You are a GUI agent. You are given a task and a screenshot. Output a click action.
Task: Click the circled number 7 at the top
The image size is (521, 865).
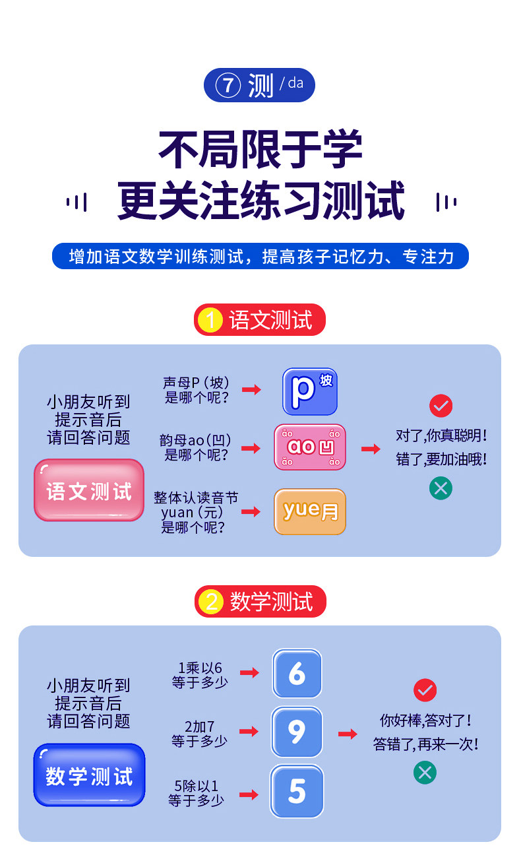[x=228, y=86]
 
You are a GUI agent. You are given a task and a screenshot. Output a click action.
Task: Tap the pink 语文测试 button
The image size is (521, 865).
[x=89, y=490]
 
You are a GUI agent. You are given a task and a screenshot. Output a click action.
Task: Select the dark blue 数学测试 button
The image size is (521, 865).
[x=89, y=775]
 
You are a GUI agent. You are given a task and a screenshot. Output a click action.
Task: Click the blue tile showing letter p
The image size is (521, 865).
[x=309, y=391]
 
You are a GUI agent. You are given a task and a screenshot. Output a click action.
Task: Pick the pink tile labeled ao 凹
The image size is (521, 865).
[x=310, y=447]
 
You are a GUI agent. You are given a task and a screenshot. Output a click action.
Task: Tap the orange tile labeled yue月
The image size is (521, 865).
[x=310, y=511]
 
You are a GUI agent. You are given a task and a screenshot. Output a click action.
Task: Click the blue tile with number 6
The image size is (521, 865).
[x=297, y=674]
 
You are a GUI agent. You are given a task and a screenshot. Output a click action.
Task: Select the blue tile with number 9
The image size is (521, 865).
[x=297, y=732]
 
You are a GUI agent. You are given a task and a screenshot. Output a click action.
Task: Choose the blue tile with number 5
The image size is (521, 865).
[x=297, y=791]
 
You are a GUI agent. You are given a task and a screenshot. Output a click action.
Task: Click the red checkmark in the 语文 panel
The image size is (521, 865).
[x=441, y=405]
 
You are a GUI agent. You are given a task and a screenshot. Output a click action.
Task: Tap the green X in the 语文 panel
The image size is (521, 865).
[x=441, y=488]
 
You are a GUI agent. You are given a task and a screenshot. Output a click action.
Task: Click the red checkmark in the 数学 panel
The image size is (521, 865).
[x=425, y=690]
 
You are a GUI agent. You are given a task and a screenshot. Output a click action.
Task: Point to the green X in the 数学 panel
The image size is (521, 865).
[x=425, y=773]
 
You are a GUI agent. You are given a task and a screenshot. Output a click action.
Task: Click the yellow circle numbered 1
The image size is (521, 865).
[x=210, y=320]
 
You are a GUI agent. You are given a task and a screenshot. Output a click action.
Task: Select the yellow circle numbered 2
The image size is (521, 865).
[x=212, y=602]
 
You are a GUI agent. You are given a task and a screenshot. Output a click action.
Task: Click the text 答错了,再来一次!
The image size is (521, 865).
[x=425, y=744]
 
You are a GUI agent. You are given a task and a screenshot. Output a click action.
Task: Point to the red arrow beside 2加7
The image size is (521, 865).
[x=249, y=732]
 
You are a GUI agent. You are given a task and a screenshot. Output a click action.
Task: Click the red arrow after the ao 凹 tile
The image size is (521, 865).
[x=371, y=449]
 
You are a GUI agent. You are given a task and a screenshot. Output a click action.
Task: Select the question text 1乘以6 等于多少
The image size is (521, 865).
[x=200, y=675]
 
